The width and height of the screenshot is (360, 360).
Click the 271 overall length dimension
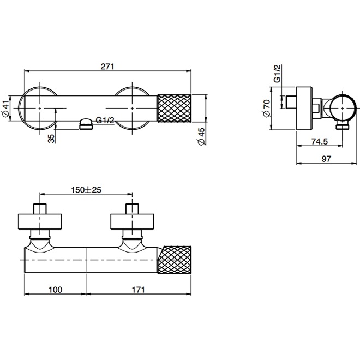[x=107, y=67]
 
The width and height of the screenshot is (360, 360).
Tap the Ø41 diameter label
[x=5, y=110]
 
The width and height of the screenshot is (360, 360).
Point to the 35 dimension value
[x=51, y=139]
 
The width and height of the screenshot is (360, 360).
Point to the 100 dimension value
[x=54, y=290]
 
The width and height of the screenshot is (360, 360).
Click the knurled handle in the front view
[x=175, y=109]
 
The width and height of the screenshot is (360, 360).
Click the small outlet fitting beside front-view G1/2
[x=86, y=125]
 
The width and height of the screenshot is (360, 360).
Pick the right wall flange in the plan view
[x=132, y=221]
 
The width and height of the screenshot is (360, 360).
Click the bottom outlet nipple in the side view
[x=343, y=127]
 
